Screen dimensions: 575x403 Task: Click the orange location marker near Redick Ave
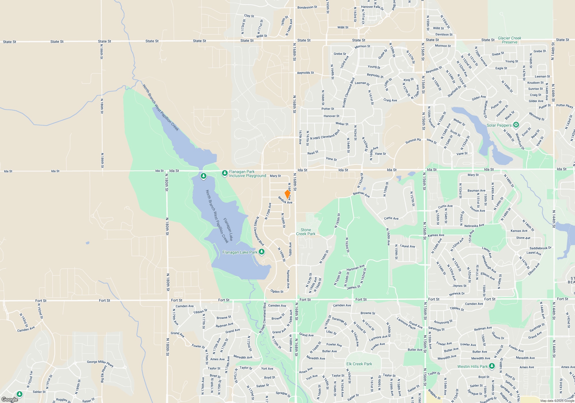287,194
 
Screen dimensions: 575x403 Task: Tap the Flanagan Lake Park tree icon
261,252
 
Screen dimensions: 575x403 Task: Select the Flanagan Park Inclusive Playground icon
225,173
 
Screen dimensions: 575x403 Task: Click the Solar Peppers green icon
516,125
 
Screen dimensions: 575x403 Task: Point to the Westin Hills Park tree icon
492,366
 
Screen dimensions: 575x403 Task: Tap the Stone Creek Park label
306,232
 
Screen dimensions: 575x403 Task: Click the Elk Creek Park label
359,364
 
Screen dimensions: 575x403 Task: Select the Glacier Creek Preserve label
509,40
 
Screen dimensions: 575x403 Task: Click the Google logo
10,399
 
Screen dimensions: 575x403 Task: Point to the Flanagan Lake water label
228,229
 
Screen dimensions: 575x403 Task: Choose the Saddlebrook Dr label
540,248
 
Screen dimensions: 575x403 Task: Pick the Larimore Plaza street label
406,324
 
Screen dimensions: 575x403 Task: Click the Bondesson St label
307,7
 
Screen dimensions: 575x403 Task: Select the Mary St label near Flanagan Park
275,176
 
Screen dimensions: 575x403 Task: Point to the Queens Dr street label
498,336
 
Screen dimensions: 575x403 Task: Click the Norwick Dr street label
457,294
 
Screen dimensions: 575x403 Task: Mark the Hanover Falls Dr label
372,7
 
